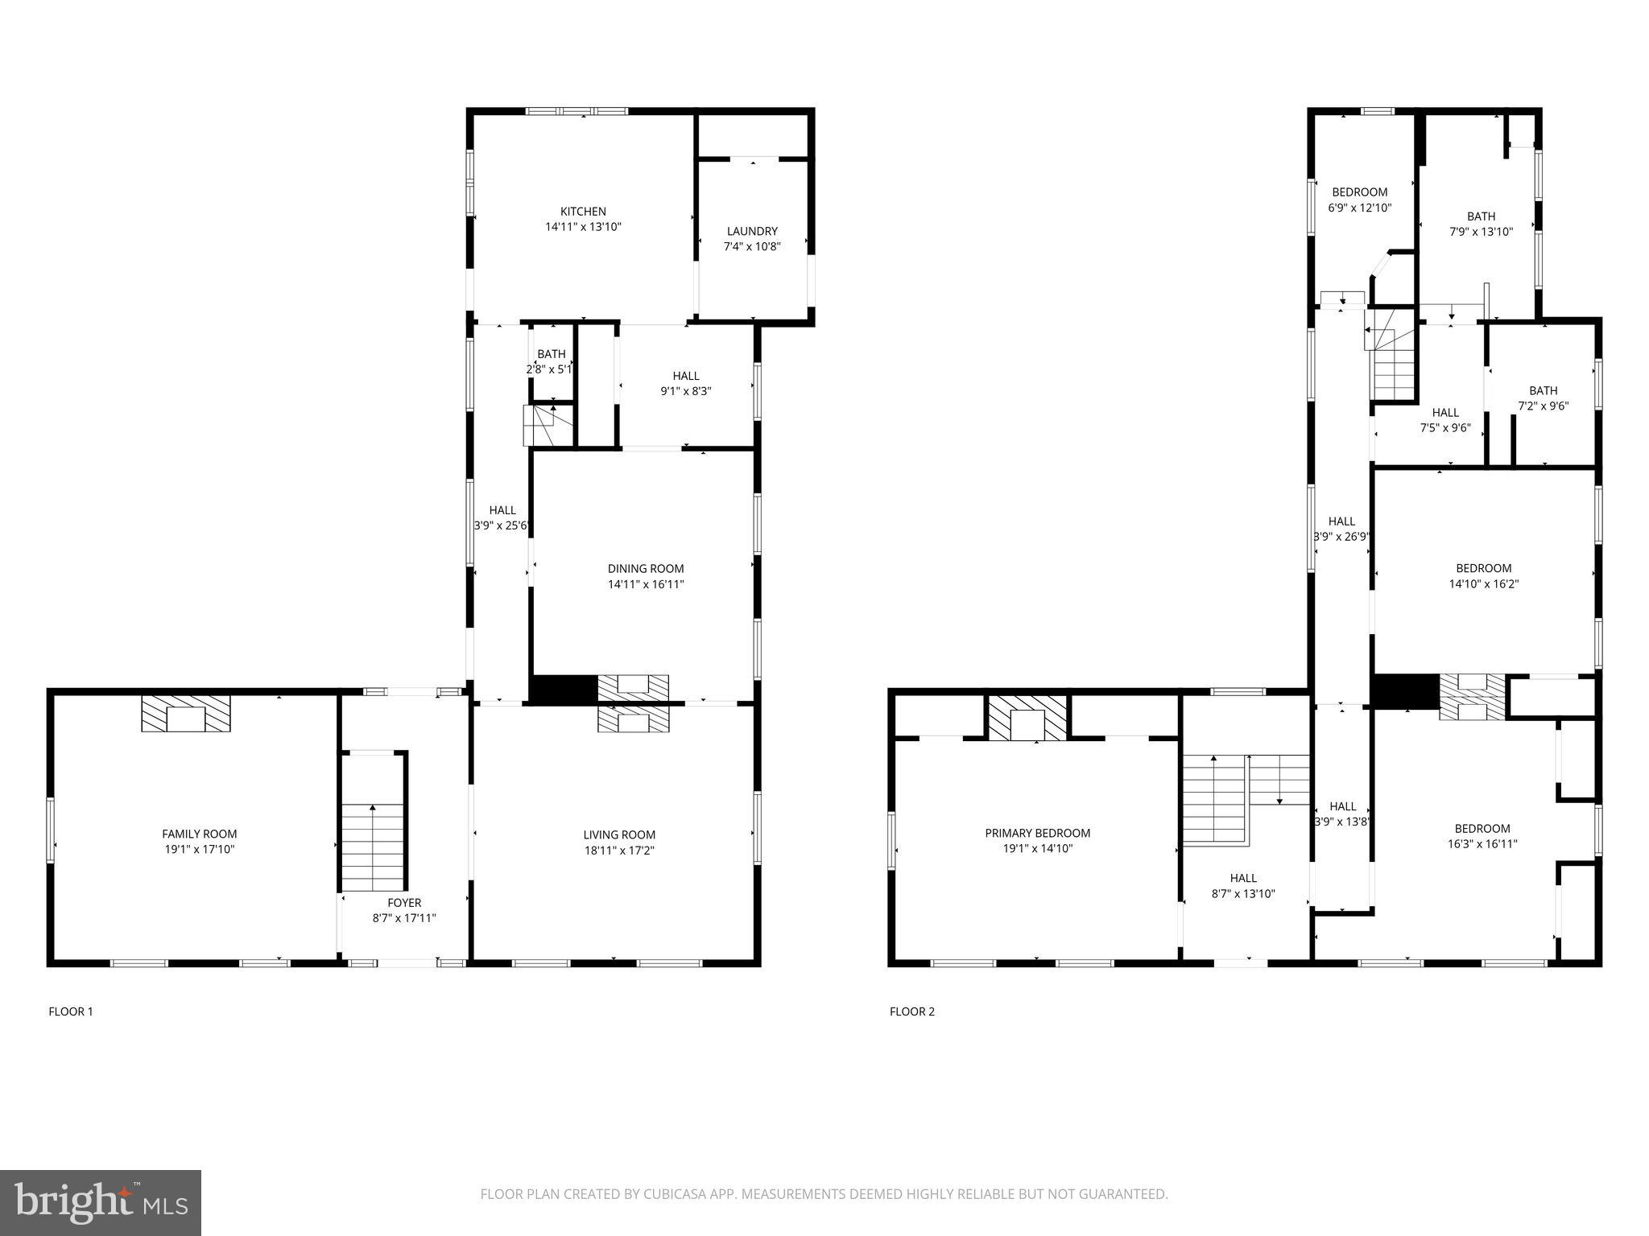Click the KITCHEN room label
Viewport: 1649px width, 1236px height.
(583, 212)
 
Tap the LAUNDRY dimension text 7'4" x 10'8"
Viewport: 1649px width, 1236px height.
(751, 246)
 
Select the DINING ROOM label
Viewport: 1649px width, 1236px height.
(645, 569)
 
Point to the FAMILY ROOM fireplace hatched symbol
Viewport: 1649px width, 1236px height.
(186, 714)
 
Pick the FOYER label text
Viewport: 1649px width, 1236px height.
(403, 903)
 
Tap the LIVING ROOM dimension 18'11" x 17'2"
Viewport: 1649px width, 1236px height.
(618, 850)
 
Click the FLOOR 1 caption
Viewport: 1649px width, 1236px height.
(71, 1011)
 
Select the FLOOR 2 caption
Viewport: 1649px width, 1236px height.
(911, 1011)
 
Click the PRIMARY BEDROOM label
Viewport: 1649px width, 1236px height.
(1037, 833)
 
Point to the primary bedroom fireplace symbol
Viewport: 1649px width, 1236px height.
(1027, 717)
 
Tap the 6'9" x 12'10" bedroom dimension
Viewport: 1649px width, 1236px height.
(1359, 208)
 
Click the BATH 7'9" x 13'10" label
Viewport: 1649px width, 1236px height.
(1481, 216)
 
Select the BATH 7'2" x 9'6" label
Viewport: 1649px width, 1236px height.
(1543, 391)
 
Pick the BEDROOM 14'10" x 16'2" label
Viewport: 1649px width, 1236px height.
(1483, 568)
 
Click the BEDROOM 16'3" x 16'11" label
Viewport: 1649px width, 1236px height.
(1482, 829)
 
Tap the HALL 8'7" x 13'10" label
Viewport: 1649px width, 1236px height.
(1243, 878)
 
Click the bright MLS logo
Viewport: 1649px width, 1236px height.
(101, 1203)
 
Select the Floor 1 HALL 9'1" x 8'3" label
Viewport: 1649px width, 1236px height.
(685, 376)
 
